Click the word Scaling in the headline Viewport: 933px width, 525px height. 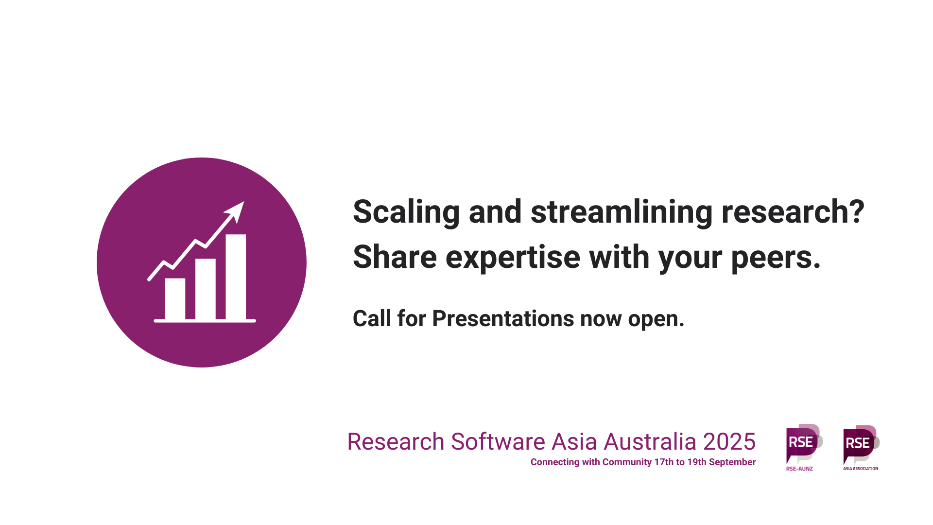[x=406, y=212]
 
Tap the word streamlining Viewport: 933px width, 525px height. [x=622, y=212]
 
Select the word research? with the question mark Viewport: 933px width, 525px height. [x=793, y=212]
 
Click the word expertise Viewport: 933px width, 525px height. [x=513, y=258]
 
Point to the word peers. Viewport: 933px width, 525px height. [x=776, y=258]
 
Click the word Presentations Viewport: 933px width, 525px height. [x=503, y=319]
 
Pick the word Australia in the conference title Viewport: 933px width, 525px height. [x=650, y=442]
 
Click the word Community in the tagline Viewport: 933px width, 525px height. [x=627, y=462]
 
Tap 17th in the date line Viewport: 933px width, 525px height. [x=664, y=462]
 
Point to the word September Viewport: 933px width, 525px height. [x=732, y=462]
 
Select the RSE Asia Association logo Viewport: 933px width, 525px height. [x=861, y=447]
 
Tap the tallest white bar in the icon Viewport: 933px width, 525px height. [x=236, y=277]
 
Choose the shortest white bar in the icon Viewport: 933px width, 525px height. [x=175, y=299]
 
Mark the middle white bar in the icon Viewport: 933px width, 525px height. [x=206, y=289]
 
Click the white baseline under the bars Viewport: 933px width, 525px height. [x=205, y=321]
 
